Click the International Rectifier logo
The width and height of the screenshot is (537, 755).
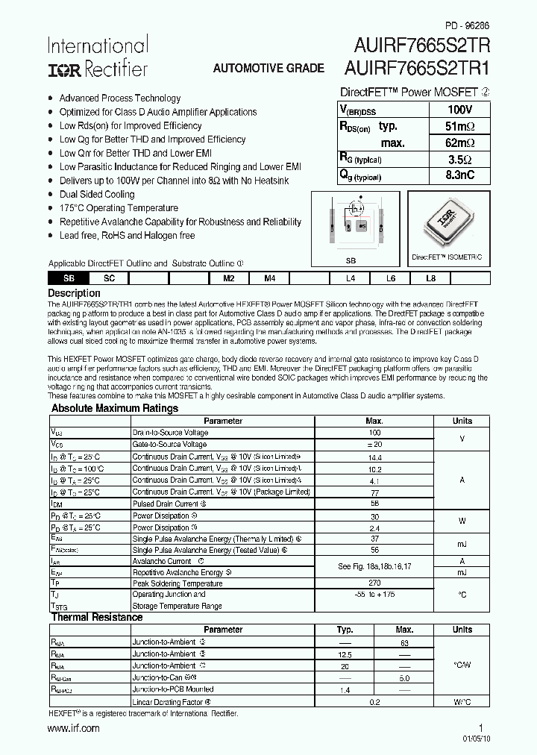click(98, 57)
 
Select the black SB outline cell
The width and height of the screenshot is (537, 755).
click(69, 278)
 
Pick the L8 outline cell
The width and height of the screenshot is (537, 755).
click(430, 278)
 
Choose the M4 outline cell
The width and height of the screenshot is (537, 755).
click(270, 278)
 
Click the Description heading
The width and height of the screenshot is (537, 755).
click(74, 293)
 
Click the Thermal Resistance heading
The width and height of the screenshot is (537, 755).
click(96, 617)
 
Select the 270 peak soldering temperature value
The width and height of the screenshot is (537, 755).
click(374, 583)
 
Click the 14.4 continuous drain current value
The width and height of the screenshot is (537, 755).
click(374, 457)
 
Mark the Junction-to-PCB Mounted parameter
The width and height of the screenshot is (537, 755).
click(172, 689)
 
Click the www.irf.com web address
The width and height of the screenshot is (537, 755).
click(73, 728)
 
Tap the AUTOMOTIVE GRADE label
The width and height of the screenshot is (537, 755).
click(268, 68)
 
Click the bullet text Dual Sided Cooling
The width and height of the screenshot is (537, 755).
click(97, 194)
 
